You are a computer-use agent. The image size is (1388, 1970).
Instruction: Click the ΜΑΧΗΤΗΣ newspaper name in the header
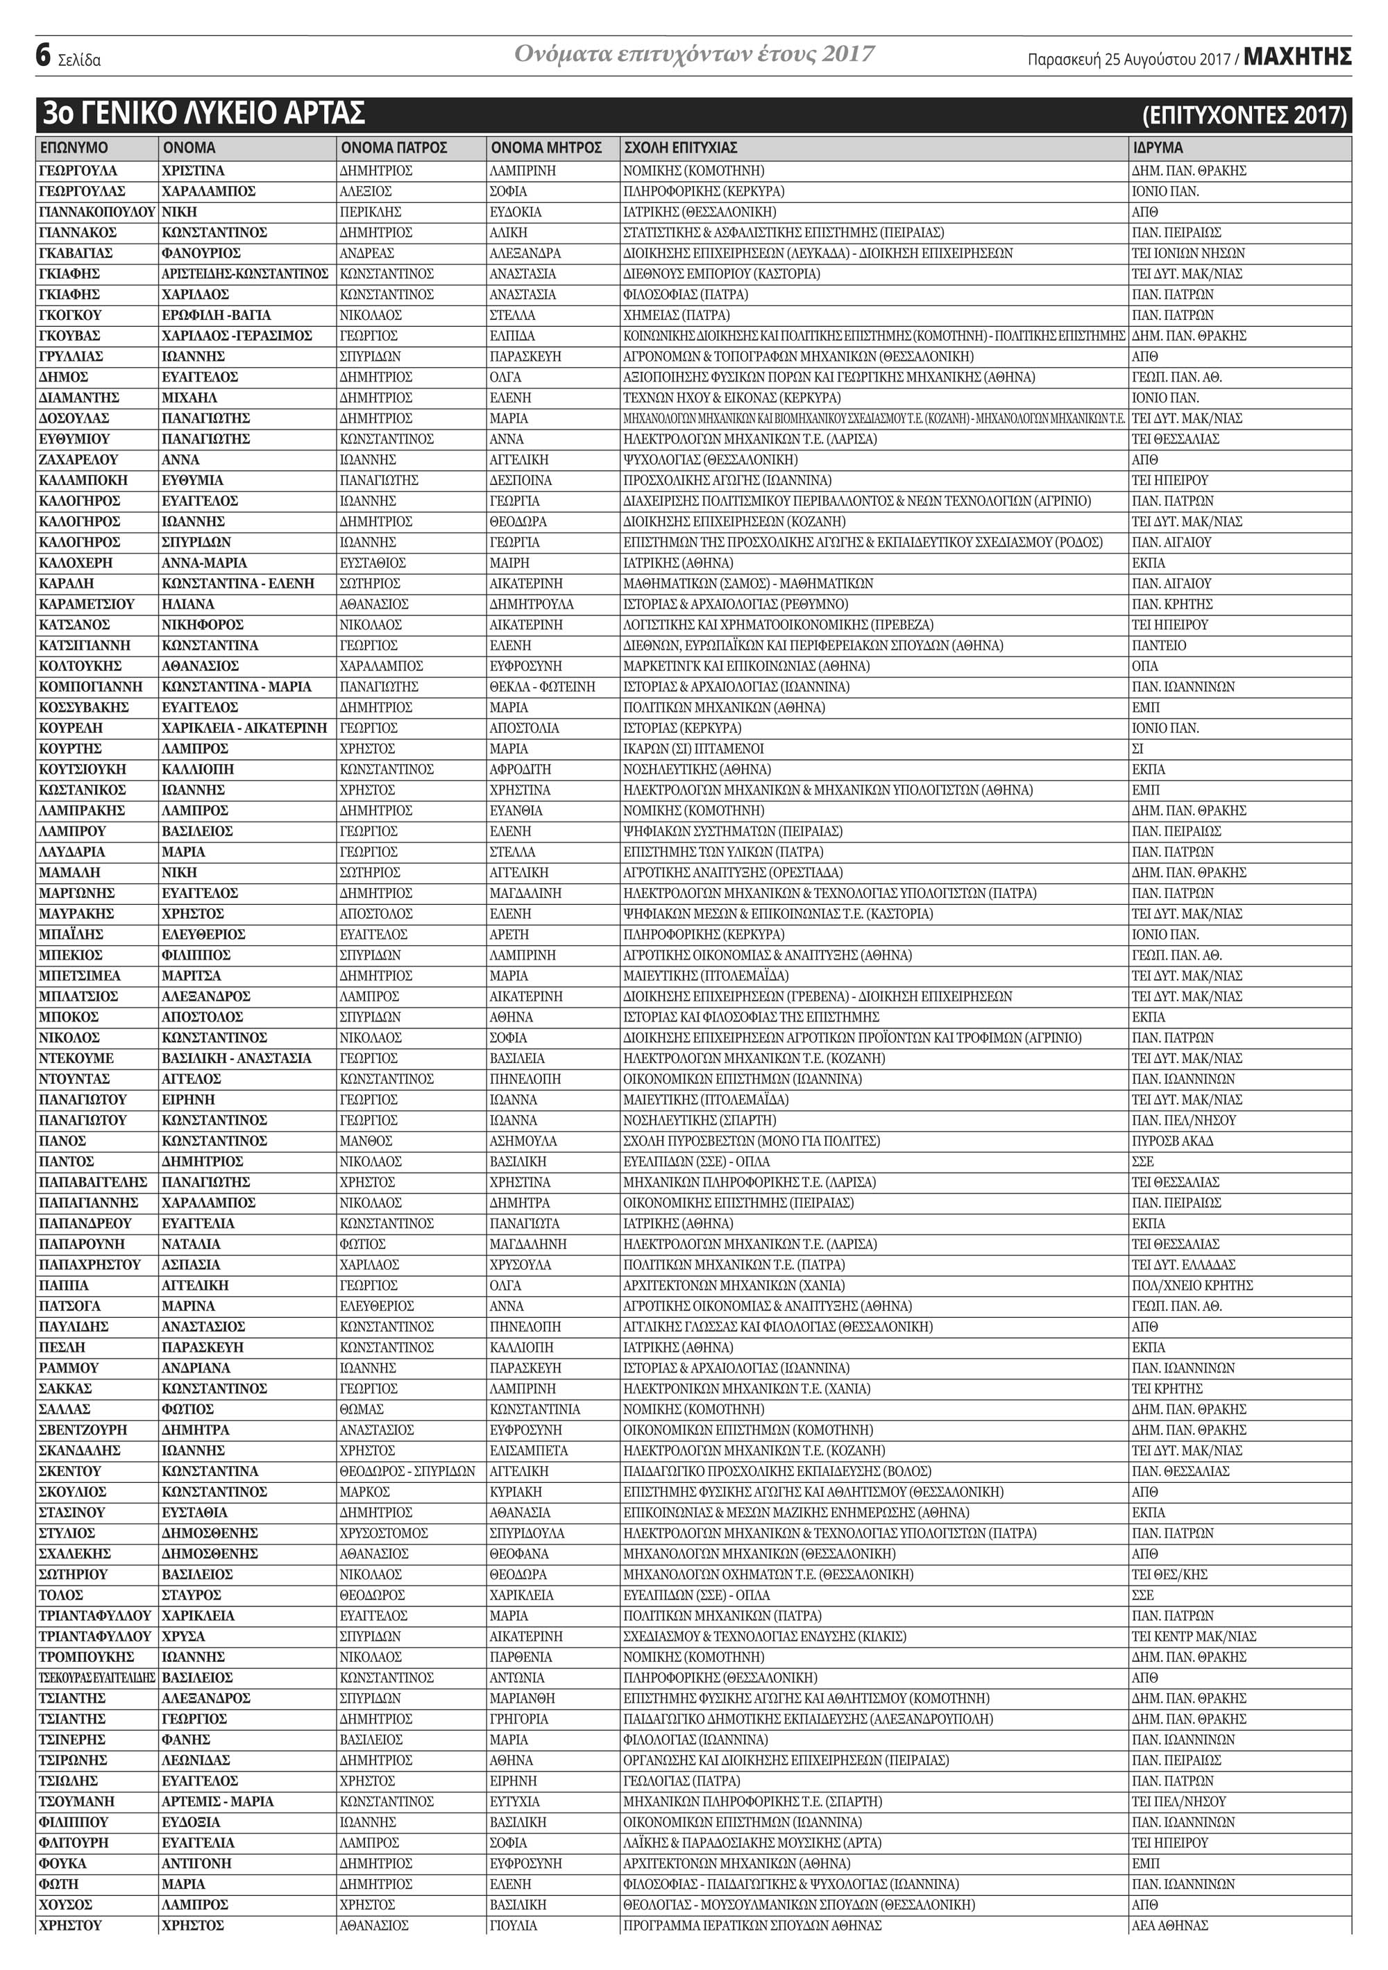(1297, 58)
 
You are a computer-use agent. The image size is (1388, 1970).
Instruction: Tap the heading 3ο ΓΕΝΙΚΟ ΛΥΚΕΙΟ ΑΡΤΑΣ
(204, 113)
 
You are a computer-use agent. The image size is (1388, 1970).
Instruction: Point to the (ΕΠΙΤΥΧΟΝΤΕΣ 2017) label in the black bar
(1244, 115)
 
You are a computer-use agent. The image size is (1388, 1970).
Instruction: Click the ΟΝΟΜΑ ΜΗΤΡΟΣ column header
(546, 148)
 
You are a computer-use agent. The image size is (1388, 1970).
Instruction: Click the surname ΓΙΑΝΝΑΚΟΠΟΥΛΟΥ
(97, 212)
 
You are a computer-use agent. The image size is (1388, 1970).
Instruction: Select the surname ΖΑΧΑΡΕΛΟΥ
(79, 460)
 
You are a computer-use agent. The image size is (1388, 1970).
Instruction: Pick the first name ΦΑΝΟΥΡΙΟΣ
(201, 253)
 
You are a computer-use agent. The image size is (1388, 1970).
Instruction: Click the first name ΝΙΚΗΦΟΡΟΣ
(203, 625)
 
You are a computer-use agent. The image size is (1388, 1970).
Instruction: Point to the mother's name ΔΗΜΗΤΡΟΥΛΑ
(532, 604)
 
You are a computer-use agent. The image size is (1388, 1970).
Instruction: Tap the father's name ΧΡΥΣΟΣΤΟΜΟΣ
(384, 1534)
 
